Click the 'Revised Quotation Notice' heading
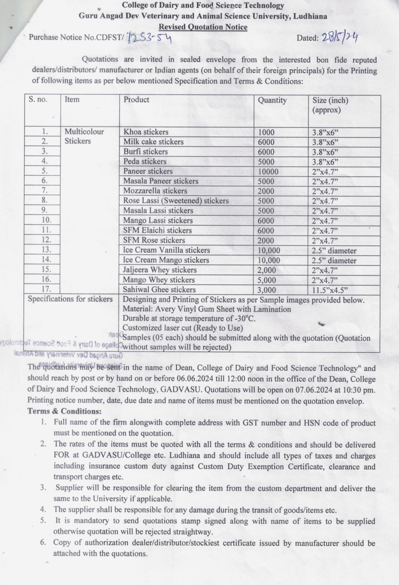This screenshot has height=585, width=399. click(203, 27)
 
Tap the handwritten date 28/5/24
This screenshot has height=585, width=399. click(339, 37)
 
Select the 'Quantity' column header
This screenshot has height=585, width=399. click(272, 100)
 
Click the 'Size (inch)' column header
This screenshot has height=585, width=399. click(330, 100)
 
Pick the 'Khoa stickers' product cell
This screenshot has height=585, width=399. click(146, 132)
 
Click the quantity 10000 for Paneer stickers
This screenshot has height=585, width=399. click(268, 172)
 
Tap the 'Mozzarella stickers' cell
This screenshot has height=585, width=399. click(155, 191)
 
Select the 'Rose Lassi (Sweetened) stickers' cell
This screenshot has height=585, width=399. click(176, 201)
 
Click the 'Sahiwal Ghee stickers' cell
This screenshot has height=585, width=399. click(159, 289)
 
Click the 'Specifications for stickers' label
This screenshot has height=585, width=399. click(70, 299)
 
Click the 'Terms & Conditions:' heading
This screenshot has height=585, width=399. click(65, 411)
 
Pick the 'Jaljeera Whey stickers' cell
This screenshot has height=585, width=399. click(160, 270)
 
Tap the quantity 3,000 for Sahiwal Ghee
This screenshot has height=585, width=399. click(267, 290)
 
